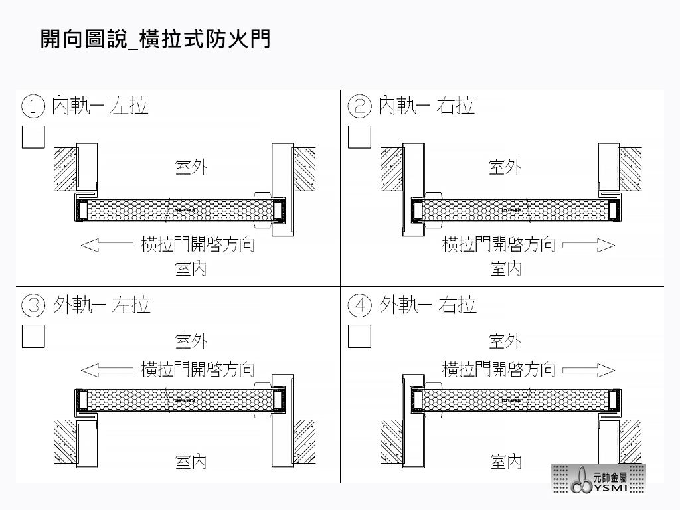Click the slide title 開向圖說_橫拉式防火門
[155, 39]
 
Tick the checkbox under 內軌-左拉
[33, 136]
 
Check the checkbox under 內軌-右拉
[359, 136]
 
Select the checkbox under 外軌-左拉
[33, 336]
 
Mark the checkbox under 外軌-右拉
[359, 336]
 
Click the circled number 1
[33, 106]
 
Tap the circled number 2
[359, 106]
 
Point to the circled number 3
[33, 306]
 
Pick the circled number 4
[359, 306]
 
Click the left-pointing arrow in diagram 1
[107, 245]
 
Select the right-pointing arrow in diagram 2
[588, 245]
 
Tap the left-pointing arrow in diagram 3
[107, 369]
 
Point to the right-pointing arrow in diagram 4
[588, 369]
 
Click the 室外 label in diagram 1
[191, 167]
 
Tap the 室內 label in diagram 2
[505, 268]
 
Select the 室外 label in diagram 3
[191, 341]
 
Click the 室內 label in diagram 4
[505, 462]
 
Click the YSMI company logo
[598, 479]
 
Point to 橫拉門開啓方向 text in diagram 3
[197, 369]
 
